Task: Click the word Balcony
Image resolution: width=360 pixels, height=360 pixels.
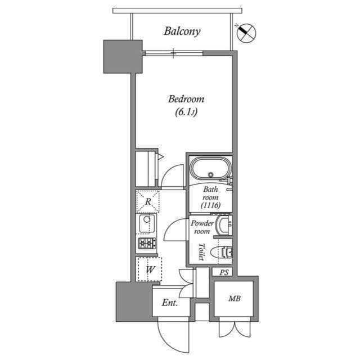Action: [x=182, y=31]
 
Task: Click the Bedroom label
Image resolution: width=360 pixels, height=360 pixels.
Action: [x=186, y=100]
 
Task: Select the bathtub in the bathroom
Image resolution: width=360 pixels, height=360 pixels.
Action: [x=209, y=168]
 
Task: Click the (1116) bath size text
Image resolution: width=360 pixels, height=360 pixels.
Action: [x=210, y=206]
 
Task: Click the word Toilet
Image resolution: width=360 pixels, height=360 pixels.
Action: [x=200, y=252]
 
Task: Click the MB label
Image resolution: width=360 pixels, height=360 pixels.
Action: [x=235, y=299]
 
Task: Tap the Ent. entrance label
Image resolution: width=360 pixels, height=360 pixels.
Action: [x=170, y=303]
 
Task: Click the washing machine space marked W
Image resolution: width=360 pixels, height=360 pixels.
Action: [x=150, y=269]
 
